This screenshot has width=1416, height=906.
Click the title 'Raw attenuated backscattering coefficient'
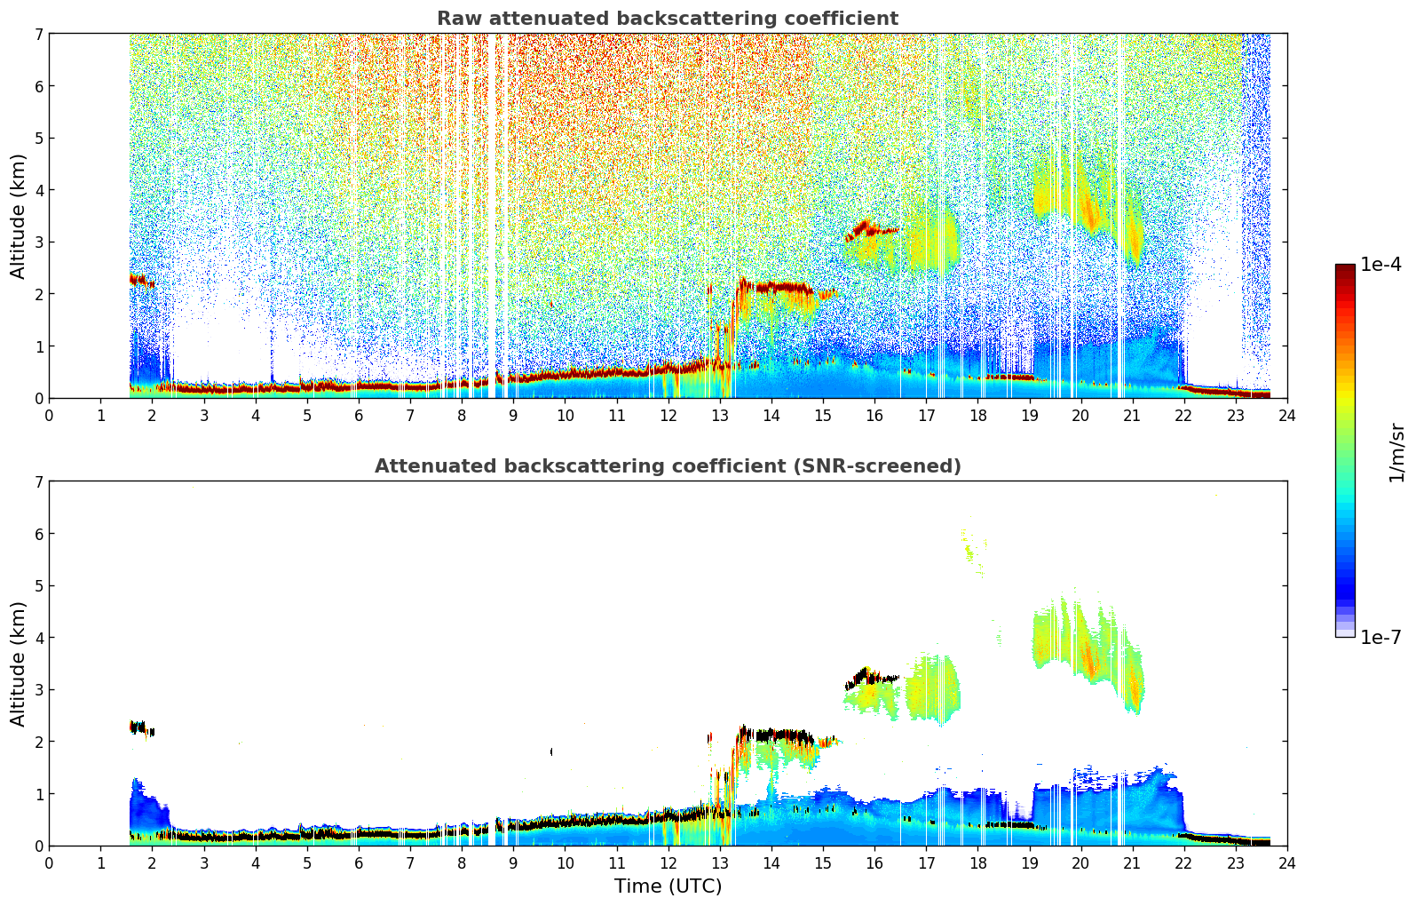[x=667, y=19]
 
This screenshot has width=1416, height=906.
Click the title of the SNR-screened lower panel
[x=667, y=466]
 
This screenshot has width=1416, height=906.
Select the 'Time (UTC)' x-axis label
[x=668, y=886]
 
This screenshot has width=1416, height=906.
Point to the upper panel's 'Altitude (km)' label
[x=19, y=216]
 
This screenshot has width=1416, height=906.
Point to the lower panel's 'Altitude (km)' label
[x=19, y=664]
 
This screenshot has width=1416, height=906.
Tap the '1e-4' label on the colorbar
[x=1380, y=265]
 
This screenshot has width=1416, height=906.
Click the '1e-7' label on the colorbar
[x=1380, y=637]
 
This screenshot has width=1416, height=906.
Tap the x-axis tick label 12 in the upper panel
[x=668, y=415]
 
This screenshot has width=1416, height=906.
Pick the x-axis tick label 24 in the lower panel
[x=1286, y=862]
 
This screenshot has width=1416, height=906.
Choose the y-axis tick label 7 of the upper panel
[x=38, y=34]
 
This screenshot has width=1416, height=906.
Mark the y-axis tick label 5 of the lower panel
[x=38, y=585]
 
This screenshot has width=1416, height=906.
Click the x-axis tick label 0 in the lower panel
[x=49, y=862]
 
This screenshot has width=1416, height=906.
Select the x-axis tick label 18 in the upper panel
[x=977, y=415]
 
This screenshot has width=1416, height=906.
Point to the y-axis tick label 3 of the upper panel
[x=38, y=242]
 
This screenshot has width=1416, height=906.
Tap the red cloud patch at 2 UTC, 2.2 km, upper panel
[x=140, y=281]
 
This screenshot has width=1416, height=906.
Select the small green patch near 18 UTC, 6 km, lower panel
[x=971, y=545]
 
